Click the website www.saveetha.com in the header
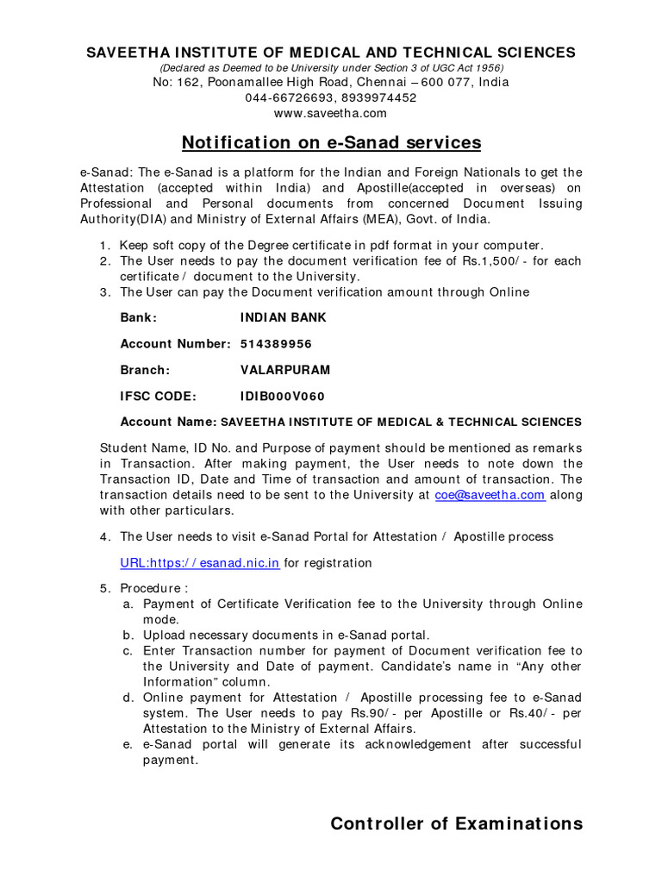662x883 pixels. [330, 113]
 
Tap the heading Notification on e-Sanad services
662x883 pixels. [330, 142]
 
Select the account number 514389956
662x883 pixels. [276, 344]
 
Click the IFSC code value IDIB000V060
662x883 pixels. [282, 397]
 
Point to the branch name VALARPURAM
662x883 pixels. [285, 370]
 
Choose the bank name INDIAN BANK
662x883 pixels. [284, 317]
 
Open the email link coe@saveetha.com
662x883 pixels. [490, 495]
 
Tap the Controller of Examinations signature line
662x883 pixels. [456, 824]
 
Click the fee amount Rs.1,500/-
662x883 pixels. [484, 260]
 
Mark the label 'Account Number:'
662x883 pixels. [175, 344]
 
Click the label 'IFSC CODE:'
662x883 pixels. [159, 397]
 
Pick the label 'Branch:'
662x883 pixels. [145, 370]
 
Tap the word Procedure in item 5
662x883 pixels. [148, 588]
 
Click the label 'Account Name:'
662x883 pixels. [169, 423]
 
